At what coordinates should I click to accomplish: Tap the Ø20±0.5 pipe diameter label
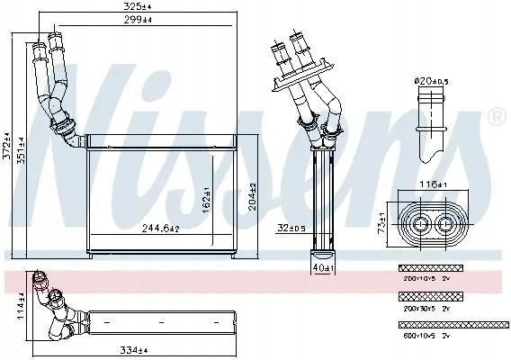431,83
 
